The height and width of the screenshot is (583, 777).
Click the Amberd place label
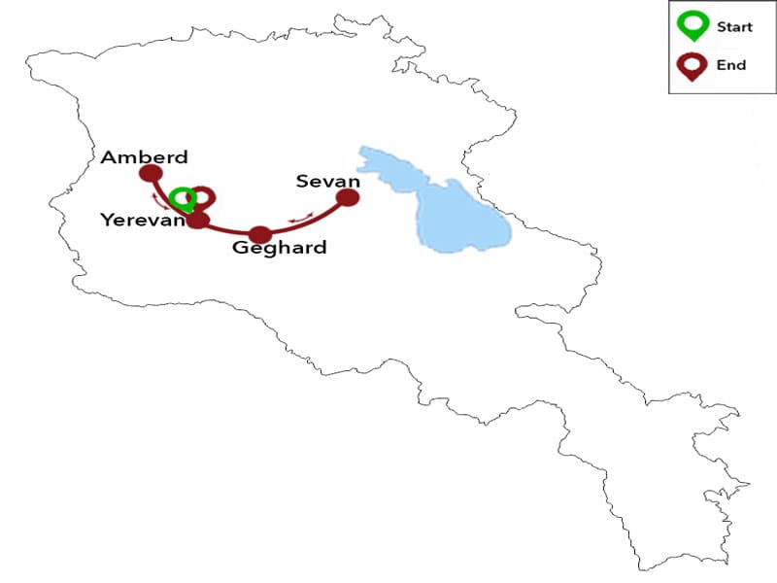pyautogui.click(x=144, y=157)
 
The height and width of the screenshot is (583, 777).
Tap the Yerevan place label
pyautogui.click(x=142, y=221)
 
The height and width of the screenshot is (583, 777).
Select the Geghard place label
pyautogui.click(x=280, y=248)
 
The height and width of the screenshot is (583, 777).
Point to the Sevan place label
pyautogui.click(x=328, y=182)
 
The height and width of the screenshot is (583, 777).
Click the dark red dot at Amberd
pyautogui.click(x=151, y=174)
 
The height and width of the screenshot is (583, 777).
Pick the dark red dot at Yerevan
pyautogui.click(x=198, y=221)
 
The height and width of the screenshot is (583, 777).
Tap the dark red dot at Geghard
pyautogui.click(x=259, y=234)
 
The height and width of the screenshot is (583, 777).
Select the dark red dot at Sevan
pyautogui.click(x=347, y=198)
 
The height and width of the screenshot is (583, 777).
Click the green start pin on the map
pyautogui.click(x=182, y=198)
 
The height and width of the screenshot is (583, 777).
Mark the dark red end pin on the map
pyautogui.click(x=202, y=196)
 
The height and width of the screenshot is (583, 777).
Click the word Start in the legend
pyautogui.click(x=734, y=27)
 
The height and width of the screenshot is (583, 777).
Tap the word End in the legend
pyautogui.click(x=730, y=65)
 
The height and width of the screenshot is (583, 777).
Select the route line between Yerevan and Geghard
pyautogui.click(x=228, y=231)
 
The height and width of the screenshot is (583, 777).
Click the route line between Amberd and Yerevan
pyautogui.click(x=171, y=199)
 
